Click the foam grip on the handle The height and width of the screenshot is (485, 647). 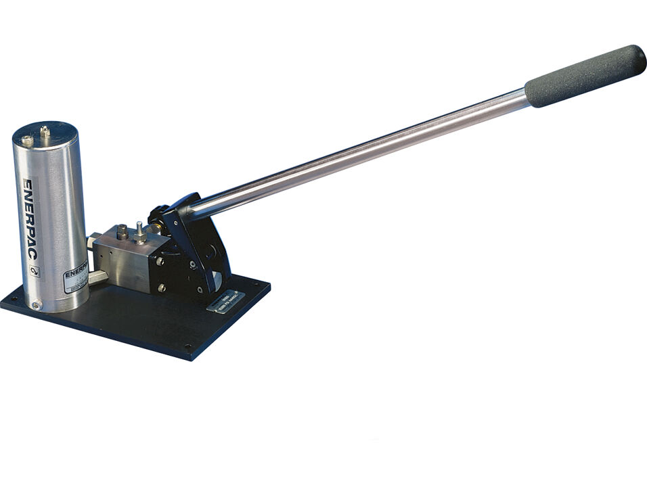coord(586,75)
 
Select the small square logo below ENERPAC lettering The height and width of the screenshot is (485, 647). coord(35,271)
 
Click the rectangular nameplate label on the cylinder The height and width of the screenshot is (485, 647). coord(75,278)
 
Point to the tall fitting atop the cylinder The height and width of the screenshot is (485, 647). coord(45,133)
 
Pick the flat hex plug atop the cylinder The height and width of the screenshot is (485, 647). coord(27,141)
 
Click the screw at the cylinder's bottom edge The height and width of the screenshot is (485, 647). coord(36,305)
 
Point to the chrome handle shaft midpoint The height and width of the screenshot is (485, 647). coord(359,152)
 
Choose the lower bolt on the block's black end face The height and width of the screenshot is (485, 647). coord(161,287)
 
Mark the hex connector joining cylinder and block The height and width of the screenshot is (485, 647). coord(97,277)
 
